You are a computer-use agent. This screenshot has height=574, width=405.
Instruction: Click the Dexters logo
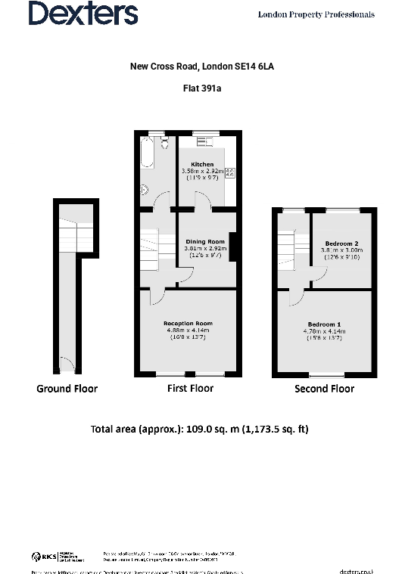[x=83, y=13]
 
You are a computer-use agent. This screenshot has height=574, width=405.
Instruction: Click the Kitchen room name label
[x=202, y=164]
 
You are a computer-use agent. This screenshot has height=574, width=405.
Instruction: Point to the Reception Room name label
[x=188, y=323]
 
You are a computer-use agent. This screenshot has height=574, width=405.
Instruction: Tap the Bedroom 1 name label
[x=324, y=324]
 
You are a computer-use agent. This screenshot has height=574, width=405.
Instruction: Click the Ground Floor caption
[x=67, y=389]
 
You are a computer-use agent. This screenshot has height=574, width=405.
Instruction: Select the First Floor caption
[x=190, y=388]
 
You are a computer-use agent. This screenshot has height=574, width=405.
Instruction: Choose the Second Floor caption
[x=324, y=389]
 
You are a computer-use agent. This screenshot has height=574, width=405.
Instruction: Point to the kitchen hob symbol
[x=229, y=172]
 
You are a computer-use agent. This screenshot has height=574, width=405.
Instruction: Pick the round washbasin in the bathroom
[x=144, y=190]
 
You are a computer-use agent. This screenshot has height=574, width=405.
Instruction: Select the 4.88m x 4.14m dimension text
[x=188, y=330]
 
